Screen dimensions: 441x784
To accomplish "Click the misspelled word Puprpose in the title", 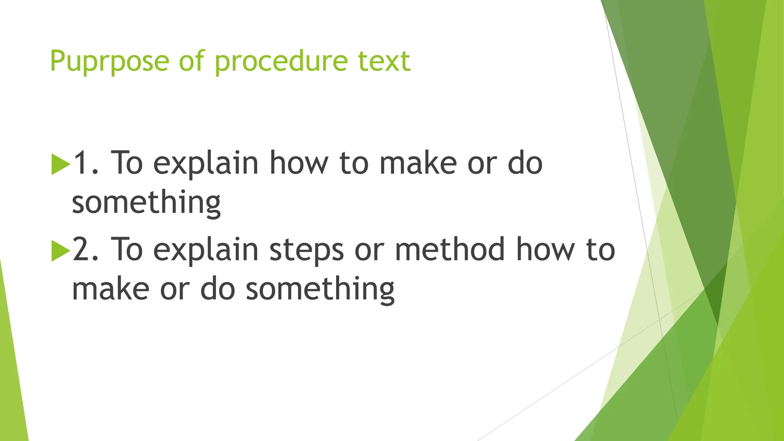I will click(109, 62).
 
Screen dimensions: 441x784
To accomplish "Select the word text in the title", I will click(384, 62).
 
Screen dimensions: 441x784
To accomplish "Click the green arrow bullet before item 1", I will click(60, 165).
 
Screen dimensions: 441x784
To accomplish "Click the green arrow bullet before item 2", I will click(60, 251).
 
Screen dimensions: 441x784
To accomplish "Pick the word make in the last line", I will click(111, 289).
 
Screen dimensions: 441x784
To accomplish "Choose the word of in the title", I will click(191, 61).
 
